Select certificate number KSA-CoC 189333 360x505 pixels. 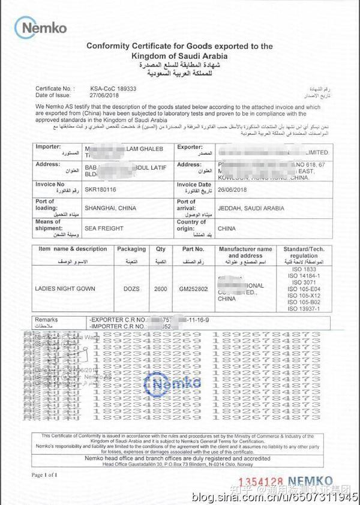[112, 88]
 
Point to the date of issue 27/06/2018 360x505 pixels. [105, 95]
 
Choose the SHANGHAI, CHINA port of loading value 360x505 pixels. [110, 208]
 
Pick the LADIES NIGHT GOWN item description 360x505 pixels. [66, 288]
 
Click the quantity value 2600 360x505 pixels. [160, 288]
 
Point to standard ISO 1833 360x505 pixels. [301, 269]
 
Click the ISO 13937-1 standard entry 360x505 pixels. [301, 308]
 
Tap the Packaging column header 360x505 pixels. [131, 249]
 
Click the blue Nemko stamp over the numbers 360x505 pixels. [175, 383]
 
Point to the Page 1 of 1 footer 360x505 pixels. [45, 475]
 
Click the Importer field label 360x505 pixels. [49, 146]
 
